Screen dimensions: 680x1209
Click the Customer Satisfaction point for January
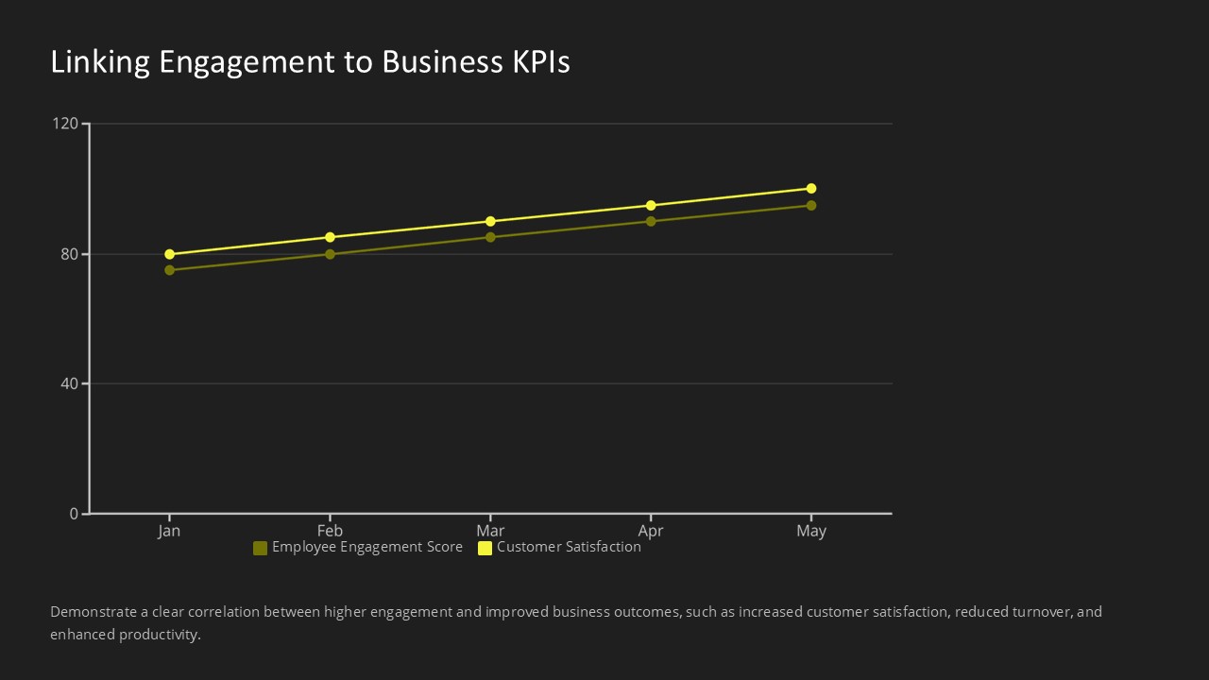click(x=170, y=254)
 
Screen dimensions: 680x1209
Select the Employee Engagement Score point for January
click(x=170, y=270)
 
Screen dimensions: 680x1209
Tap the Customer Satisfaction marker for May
click(x=811, y=189)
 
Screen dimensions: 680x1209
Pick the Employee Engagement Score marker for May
click(x=811, y=205)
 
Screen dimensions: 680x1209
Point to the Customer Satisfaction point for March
click(x=490, y=221)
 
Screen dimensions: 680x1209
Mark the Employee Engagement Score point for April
click(x=651, y=221)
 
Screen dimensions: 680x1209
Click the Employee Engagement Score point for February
click(x=330, y=254)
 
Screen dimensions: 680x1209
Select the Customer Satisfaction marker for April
click(x=651, y=205)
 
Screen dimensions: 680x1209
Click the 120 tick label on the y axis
click(x=65, y=124)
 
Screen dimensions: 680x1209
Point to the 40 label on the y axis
click(x=69, y=383)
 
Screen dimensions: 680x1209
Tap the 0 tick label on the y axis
click(x=74, y=514)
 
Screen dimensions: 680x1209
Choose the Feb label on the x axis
click(x=330, y=531)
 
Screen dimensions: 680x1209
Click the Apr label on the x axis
click(x=651, y=531)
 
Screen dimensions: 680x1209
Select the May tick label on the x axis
click(x=811, y=531)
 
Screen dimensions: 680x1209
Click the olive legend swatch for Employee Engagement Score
click(x=260, y=548)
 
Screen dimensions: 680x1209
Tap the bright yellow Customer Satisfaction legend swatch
click(x=485, y=548)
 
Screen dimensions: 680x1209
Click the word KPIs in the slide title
click(x=540, y=62)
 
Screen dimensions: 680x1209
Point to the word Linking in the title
click(x=100, y=62)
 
